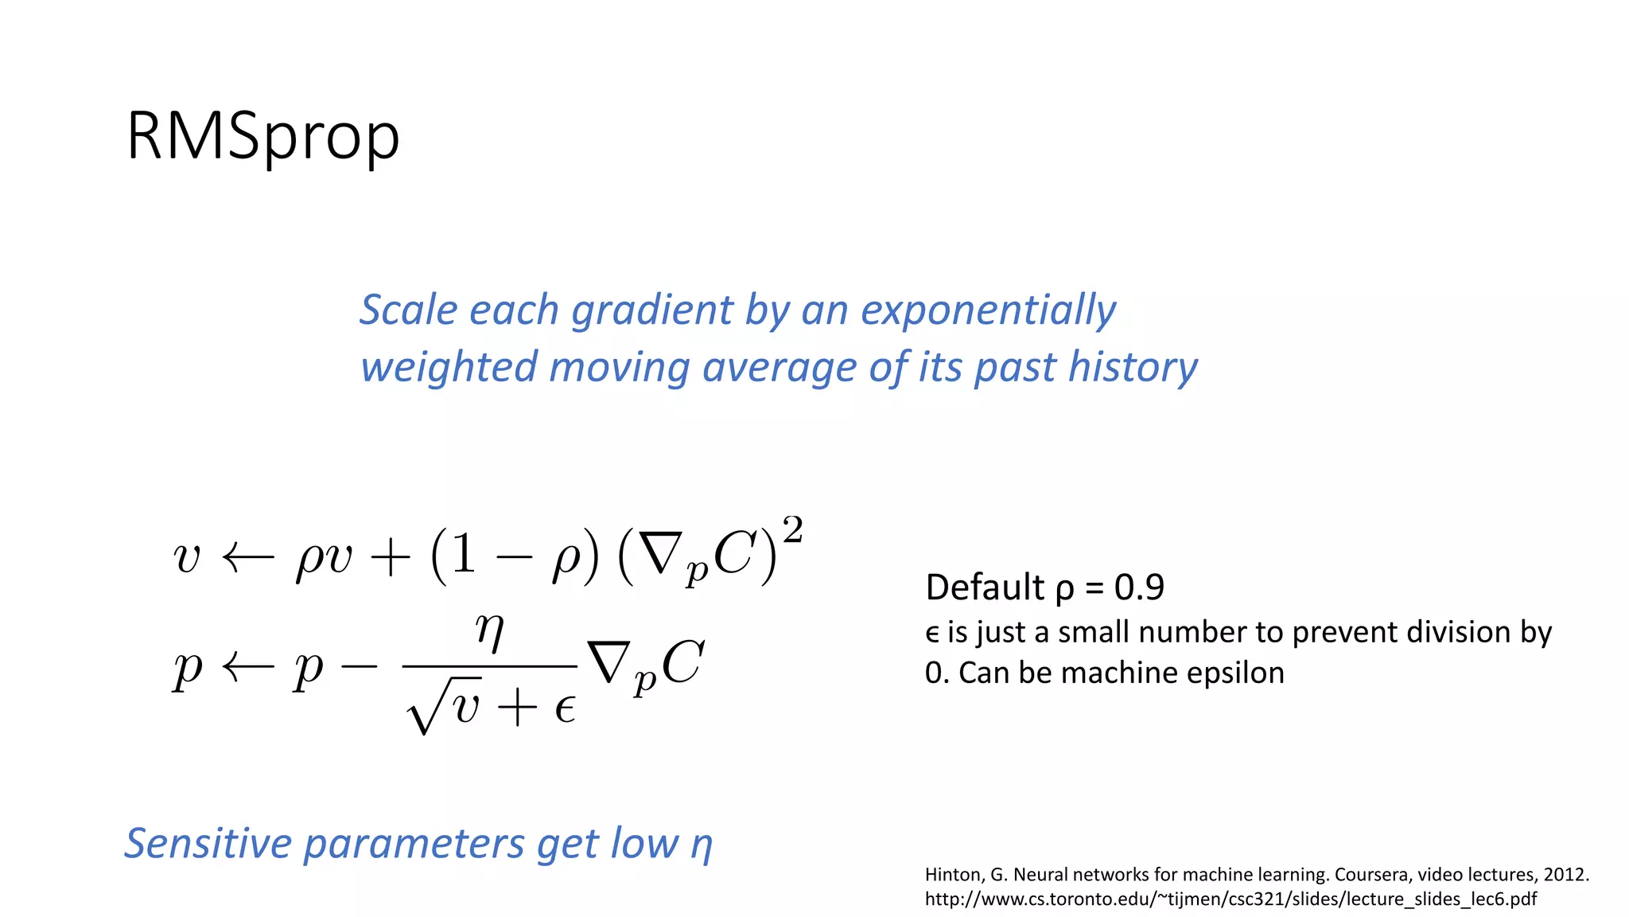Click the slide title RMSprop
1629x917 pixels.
click(x=262, y=137)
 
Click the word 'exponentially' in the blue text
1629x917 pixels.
click(x=989, y=310)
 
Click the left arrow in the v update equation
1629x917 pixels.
click(x=247, y=558)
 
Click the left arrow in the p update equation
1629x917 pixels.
click(x=247, y=668)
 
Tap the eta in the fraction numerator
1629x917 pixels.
click(x=490, y=631)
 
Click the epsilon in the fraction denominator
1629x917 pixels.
click(x=565, y=708)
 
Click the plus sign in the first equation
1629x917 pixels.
click(x=391, y=558)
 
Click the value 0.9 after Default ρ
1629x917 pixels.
click(x=1139, y=587)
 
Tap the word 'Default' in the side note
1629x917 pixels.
click(x=985, y=587)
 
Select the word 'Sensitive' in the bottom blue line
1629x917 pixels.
click(x=208, y=844)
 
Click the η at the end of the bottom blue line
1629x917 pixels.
click(x=701, y=845)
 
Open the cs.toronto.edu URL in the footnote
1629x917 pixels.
click(x=1230, y=899)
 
